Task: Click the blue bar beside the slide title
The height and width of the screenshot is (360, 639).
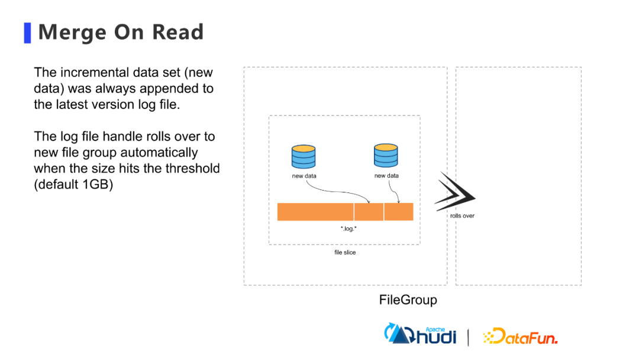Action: pyautogui.click(x=27, y=33)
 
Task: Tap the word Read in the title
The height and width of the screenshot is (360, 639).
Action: pyautogui.click(x=177, y=32)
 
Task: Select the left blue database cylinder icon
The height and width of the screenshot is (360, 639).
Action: pyautogui.click(x=304, y=156)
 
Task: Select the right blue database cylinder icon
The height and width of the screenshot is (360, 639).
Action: pyautogui.click(x=386, y=155)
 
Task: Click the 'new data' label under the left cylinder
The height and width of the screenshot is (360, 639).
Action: pyautogui.click(x=304, y=176)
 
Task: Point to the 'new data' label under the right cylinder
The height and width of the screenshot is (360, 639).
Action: pyautogui.click(x=386, y=176)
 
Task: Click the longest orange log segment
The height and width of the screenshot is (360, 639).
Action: pyautogui.click(x=315, y=211)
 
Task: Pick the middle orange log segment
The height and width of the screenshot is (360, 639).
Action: pyautogui.click(x=369, y=211)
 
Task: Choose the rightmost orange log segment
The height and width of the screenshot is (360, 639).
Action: pyautogui.click(x=399, y=211)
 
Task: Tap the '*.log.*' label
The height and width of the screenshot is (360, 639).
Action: pyautogui.click(x=348, y=229)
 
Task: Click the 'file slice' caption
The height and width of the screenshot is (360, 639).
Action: pyautogui.click(x=345, y=252)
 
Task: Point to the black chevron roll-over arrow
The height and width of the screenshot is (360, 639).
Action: pyautogui.click(x=455, y=192)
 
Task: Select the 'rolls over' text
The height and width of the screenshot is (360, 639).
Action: pyautogui.click(x=462, y=216)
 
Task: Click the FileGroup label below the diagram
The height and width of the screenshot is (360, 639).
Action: pyautogui.click(x=408, y=300)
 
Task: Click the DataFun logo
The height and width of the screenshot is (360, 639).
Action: pyautogui.click(x=520, y=336)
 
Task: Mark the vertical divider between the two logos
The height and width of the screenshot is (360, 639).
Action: pyautogui.click(x=468, y=336)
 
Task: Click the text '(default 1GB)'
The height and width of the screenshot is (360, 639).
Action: pyautogui.click(x=73, y=184)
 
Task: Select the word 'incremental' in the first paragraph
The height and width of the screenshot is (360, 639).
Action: pyautogui.click(x=91, y=73)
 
